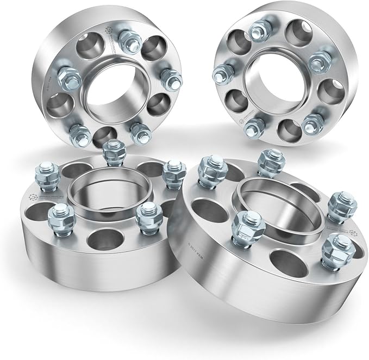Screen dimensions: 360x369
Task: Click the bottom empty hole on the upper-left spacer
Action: coord(104,135)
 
